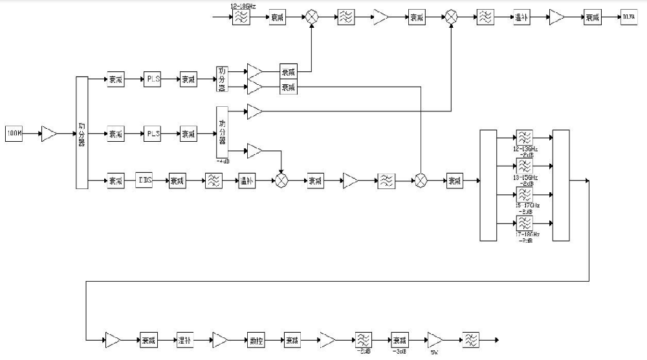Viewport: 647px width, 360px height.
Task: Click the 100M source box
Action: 15,134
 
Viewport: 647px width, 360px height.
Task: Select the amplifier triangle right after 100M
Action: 49,134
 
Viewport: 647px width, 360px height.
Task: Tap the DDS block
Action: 144,181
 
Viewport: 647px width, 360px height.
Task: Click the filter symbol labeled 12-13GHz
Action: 523,137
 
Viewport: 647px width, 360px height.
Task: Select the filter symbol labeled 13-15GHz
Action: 523,166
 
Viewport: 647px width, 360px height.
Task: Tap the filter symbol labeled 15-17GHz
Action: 523,195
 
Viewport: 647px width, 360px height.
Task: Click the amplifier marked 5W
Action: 434,339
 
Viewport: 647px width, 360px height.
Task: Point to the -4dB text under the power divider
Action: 223,161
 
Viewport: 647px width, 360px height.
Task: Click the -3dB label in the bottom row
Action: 399,352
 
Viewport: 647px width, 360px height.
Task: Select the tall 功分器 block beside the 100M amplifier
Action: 82,132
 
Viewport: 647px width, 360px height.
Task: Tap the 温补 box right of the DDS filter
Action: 247,181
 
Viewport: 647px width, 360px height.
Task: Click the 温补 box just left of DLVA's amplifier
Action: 521,17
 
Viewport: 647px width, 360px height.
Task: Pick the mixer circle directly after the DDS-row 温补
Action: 281,181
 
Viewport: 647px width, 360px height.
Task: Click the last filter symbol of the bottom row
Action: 470,339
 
